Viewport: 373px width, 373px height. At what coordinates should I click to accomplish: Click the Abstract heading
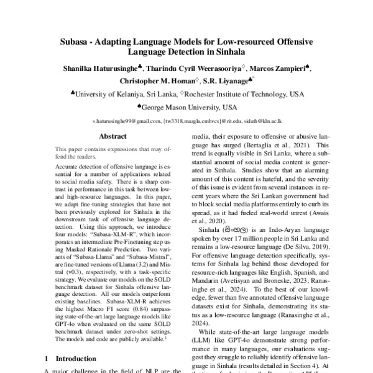coord(113,136)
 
